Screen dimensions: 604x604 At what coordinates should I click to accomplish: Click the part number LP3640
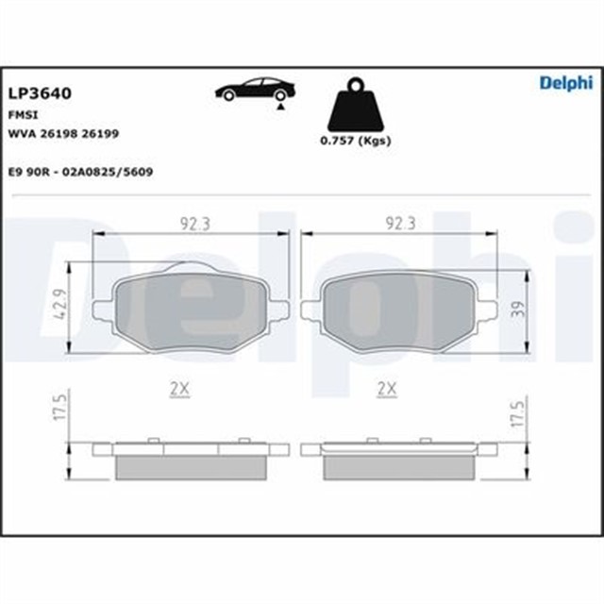point(41,93)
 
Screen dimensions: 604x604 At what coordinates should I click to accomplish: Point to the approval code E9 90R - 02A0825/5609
point(80,172)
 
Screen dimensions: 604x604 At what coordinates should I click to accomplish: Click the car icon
point(255,90)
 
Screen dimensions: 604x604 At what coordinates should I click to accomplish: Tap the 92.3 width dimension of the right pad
point(400,223)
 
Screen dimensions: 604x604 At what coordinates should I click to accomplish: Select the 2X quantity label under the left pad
point(179,388)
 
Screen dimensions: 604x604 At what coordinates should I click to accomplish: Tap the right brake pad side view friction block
point(398,465)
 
